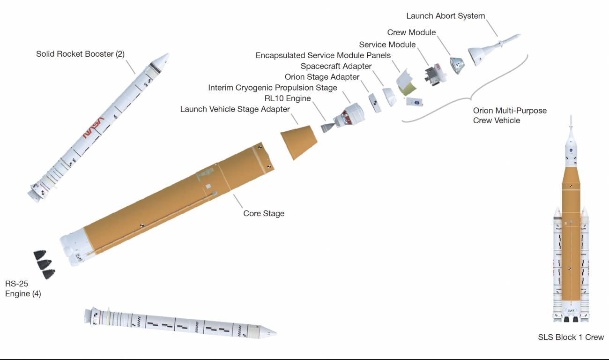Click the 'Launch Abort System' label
click(446, 16)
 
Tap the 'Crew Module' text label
click(411, 32)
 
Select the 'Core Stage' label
click(264, 213)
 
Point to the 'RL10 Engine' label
click(288, 98)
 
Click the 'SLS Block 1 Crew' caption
click(571, 337)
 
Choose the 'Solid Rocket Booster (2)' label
click(80, 54)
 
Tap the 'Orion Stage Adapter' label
click(322, 77)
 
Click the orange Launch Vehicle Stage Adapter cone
click(299, 142)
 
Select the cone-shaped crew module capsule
click(457, 65)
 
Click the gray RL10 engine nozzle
click(328, 127)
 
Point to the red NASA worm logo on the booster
click(93, 127)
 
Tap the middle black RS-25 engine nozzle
click(44, 264)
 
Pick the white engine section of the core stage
click(74, 247)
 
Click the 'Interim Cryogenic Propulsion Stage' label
click(273, 88)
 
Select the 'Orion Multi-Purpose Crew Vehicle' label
click(510, 115)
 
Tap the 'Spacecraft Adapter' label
click(336, 66)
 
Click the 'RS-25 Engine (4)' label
click(23, 289)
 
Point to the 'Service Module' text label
click(387, 45)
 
